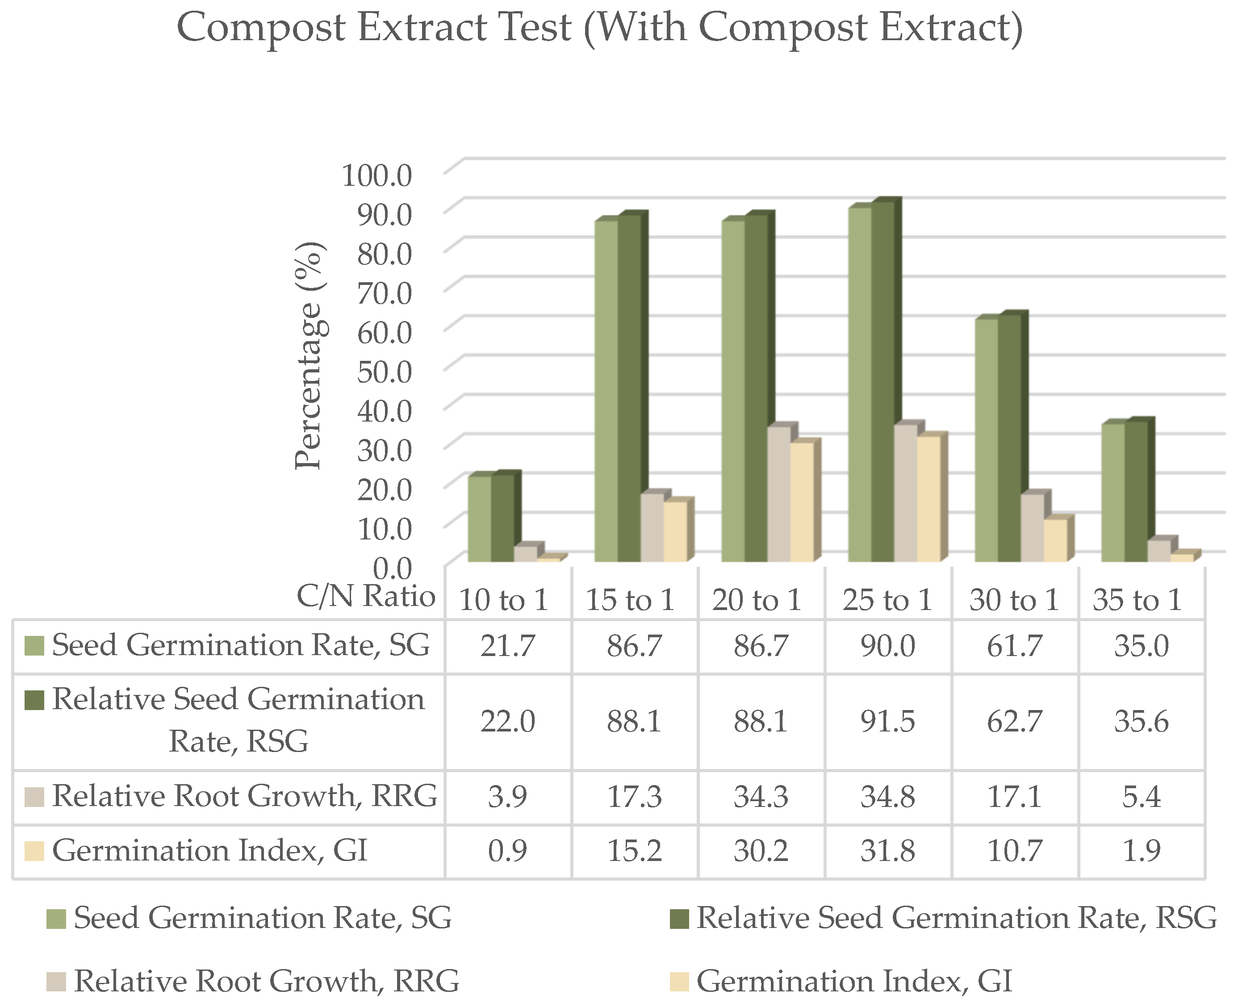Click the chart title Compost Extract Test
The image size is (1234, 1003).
(x=599, y=28)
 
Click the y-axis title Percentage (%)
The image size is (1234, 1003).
(x=309, y=356)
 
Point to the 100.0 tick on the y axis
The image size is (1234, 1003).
(x=376, y=176)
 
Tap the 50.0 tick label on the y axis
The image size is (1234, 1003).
(x=384, y=372)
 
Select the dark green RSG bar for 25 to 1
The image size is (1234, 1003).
(x=883, y=381)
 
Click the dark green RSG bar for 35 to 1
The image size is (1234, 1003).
(x=1136, y=491)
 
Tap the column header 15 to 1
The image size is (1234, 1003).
(x=630, y=600)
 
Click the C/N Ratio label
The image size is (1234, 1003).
(x=365, y=596)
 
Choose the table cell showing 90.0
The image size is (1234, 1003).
(x=887, y=646)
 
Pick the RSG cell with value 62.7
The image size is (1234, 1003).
(x=1014, y=721)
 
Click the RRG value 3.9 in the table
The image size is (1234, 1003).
(x=507, y=797)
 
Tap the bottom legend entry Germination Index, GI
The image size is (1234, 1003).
(x=854, y=981)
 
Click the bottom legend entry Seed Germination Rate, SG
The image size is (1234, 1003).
(x=262, y=918)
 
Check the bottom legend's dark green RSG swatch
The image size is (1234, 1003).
(x=679, y=919)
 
